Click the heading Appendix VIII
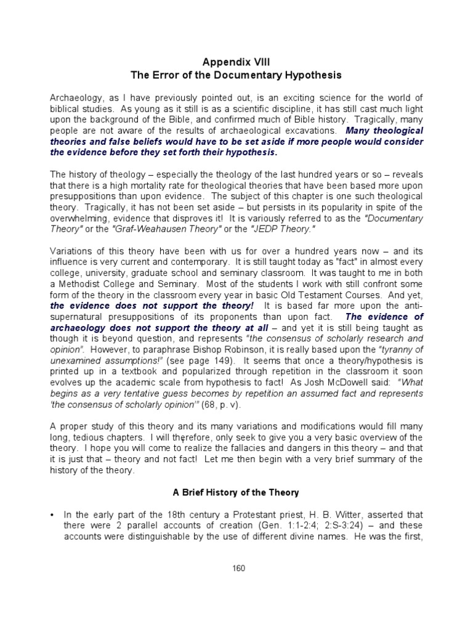[x=236, y=62]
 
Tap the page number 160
[x=236, y=568]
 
